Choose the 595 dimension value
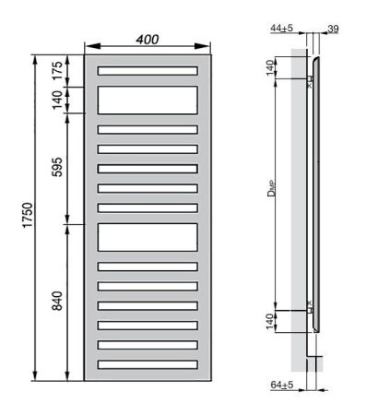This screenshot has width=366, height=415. pyautogui.click(x=57, y=169)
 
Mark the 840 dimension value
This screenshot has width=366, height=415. pyautogui.click(x=57, y=302)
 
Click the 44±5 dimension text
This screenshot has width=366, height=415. pyautogui.click(x=282, y=29)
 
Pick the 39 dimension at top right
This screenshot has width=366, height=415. pyautogui.click(x=334, y=29)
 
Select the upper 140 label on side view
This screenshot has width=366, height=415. pyautogui.click(x=270, y=67)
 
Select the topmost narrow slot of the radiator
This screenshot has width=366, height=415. pyautogui.click(x=148, y=71)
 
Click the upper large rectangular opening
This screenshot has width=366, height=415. pyautogui.click(x=148, y=100)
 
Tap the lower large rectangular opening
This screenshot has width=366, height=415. pyautogui.click(x=148, y=237)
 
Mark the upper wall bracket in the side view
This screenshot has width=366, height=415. pyautogui.click(x=312, y=80)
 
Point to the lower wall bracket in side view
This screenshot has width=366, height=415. pyautogui.click(x=312, y=309)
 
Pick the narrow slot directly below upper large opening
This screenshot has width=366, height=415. pyautogui.click(x=148, y=129)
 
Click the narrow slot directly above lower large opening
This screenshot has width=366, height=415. pyautogui.click(x=148, y=207)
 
